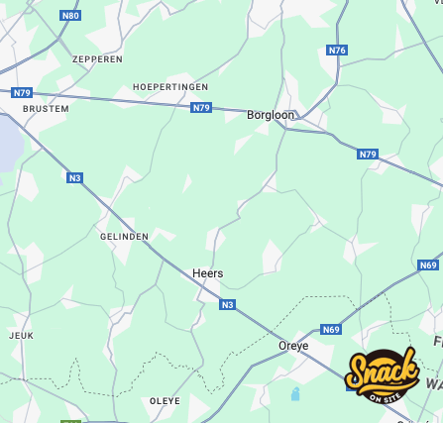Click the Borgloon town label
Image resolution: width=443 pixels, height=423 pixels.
point(271,115)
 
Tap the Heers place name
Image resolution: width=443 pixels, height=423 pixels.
point(207,273)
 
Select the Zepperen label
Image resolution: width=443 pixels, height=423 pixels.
point(97,59)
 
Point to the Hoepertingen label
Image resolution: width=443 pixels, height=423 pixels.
point(170,87)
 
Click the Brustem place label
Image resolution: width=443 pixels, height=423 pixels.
point(46,109)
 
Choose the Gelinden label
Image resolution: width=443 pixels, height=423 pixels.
point(124,237)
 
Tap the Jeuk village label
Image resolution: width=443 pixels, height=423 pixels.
point(21,336)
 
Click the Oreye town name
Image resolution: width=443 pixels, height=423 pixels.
point(293,346)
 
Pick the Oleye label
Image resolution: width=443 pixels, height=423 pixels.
point(165,401)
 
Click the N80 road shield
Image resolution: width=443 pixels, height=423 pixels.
point(70,16)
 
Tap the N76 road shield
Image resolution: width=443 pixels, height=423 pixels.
point(337,50)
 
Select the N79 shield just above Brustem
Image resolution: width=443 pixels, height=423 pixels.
point(22,92)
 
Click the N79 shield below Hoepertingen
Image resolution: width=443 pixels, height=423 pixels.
point(201,107)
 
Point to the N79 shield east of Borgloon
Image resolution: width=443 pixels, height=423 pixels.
point(368,154)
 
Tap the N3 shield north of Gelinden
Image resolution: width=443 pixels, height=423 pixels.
point(74,177)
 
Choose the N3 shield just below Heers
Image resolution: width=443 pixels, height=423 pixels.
point(227,304)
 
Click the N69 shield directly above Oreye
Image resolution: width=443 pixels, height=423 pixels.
point(331,329)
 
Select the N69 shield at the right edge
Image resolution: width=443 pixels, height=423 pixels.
point(428,264)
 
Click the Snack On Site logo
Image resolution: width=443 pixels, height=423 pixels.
point(382,376)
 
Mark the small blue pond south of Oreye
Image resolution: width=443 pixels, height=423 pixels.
point(295,393)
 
